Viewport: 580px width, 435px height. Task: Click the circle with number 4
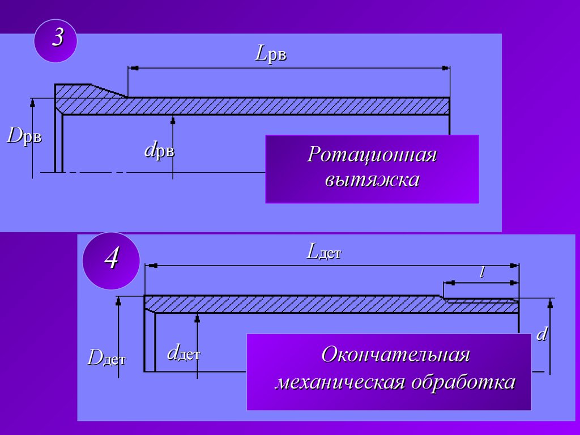point(112,261)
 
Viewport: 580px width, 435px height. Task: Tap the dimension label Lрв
point(271,54)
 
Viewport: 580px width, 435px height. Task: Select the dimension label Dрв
point(24,137)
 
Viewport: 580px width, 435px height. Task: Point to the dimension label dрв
point(159,151)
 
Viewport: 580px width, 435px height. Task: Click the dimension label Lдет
point(323,251)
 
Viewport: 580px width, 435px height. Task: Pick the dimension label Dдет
point(106,358)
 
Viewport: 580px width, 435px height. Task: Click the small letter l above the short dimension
point(481,272)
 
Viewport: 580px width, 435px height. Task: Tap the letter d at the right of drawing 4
point(541,334)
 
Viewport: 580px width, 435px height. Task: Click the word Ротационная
point(372,155)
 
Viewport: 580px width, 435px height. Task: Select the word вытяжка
point(372,180)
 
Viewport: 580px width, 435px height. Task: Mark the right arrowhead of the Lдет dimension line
point(515,265)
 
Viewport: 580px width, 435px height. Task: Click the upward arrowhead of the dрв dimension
point(172,120)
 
